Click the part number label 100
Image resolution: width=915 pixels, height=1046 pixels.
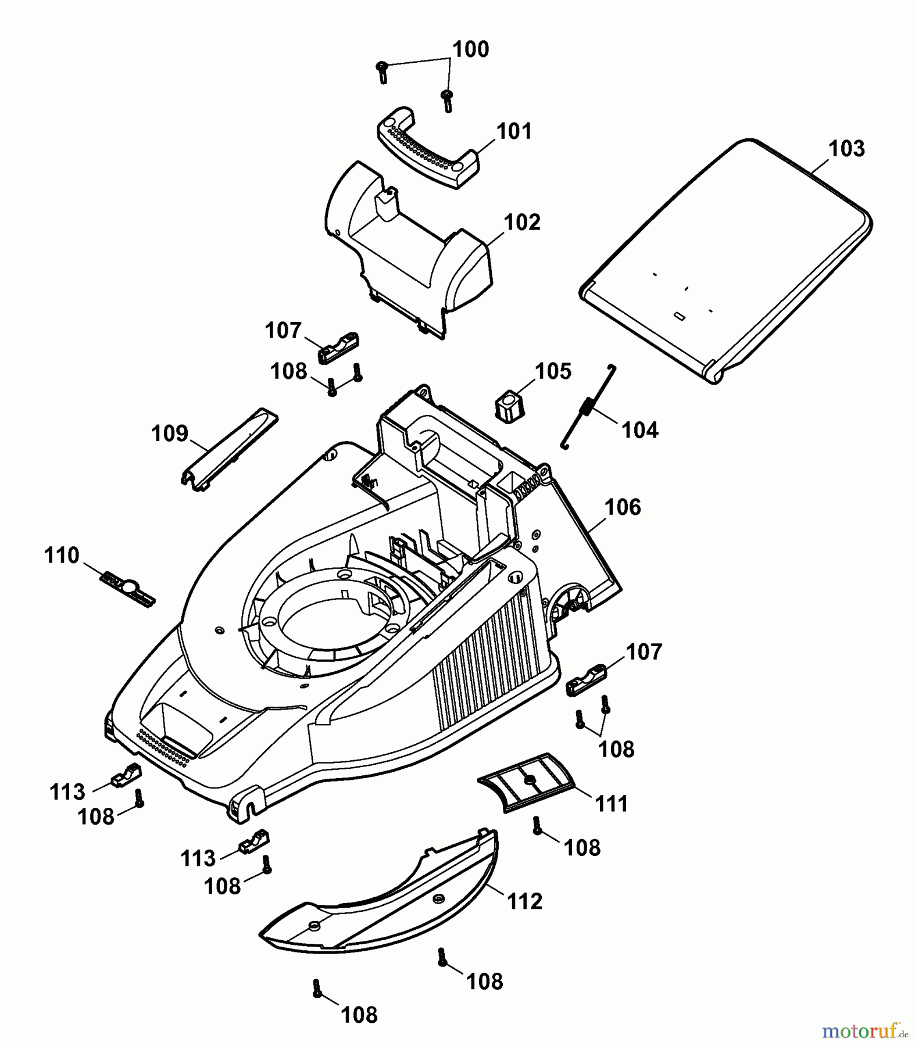pyautogui.click(x=471, y=49)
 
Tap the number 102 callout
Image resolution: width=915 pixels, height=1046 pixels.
pyautogui.click(x=522, y=223)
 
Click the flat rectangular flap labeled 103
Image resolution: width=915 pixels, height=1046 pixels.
pyautogui.click(x=727, y=259)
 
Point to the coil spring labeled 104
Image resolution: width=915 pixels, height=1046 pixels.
pyautogui.click(x=588, y=406)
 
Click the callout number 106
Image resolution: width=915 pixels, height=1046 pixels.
pyautogui.click(x=623, y=507)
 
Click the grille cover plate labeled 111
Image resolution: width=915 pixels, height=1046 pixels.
pyautogui.click(x=526, y=782)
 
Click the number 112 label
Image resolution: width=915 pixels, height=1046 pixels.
pyautogui.click(x=524, y=901)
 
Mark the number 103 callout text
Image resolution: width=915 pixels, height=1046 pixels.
pyautogui.click(x=846, y=149)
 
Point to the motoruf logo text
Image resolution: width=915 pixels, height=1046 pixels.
pyautogui.click(x=859, y=1031)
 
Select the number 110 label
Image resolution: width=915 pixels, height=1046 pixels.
pyautogui.click(x=62, y=556)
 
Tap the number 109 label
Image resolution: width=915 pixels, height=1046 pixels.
pyautogui.click(x=170, y=434)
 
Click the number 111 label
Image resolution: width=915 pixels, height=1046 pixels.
pyautogui.click(x=612, y=804)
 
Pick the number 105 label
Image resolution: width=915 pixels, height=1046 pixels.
pyautogui.click(x=553, y=371)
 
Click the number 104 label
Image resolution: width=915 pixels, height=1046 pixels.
pyautogui.click(x=640, y=431)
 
